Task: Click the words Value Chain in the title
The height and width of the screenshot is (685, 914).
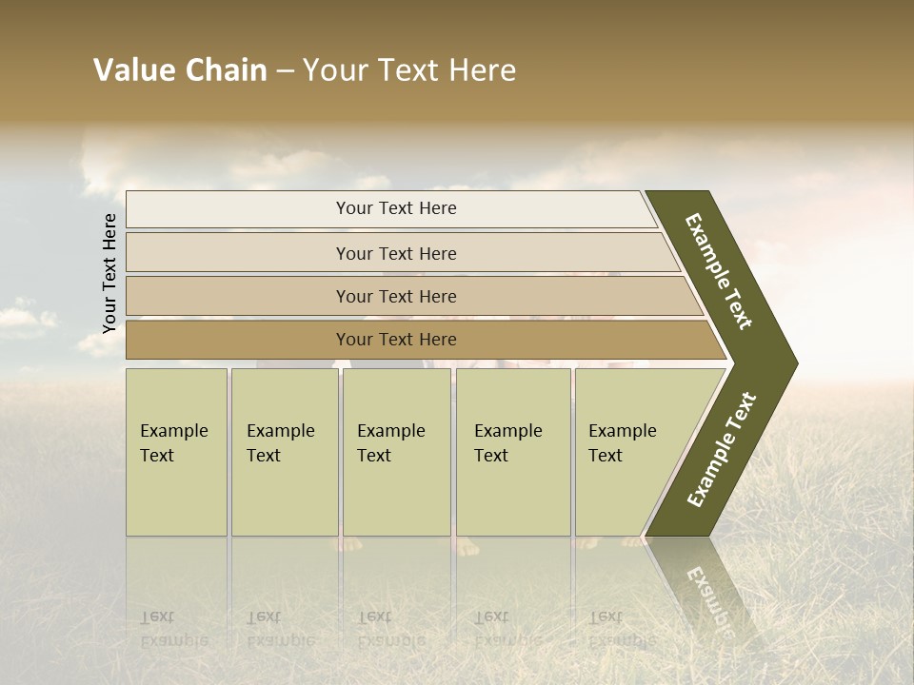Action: [x=180, y=70]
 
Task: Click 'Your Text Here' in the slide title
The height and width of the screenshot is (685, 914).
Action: [x=409, y=70]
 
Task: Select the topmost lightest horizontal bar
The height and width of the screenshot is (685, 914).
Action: [x=238, y=209]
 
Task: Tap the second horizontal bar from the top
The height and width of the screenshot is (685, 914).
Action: [x=238, y=253]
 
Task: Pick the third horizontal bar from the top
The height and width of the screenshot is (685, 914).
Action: [x=238, y=296]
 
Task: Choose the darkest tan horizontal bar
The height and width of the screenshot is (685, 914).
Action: [x=238, y=340]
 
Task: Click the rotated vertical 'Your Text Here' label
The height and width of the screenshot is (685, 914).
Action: [x=109, y=273]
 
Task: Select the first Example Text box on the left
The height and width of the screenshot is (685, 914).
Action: [x=176, y=452]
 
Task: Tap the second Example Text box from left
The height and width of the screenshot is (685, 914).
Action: [x=284, y=452]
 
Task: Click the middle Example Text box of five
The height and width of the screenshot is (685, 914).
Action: [x=396, y=452]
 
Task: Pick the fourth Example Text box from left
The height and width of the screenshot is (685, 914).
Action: [x=513, y=452]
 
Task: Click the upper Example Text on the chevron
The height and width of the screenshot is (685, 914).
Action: [x=719, y=271]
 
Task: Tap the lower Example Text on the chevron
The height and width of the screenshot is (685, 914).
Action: [x=722, y=450]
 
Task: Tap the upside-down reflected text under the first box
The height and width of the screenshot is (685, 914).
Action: [x=174, y=629]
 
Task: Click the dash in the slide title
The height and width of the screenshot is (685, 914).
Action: [x=285, y=71]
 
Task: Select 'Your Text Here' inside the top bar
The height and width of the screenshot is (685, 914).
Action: [x=396, y=208]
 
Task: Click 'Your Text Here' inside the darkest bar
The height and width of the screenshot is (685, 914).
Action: [x=396, y=340]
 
